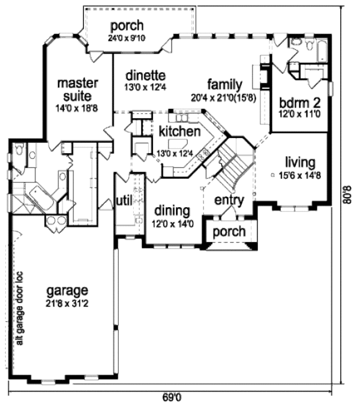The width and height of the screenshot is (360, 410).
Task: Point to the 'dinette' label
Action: [x=145, y=76]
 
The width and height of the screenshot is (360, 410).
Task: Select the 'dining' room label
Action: [x=172, y=211]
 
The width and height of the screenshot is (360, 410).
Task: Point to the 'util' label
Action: [x=125, y=200]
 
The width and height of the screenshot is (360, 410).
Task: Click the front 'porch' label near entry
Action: [x=229, y=231]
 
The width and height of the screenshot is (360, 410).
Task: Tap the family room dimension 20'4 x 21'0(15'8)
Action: [x=224, y=97]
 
